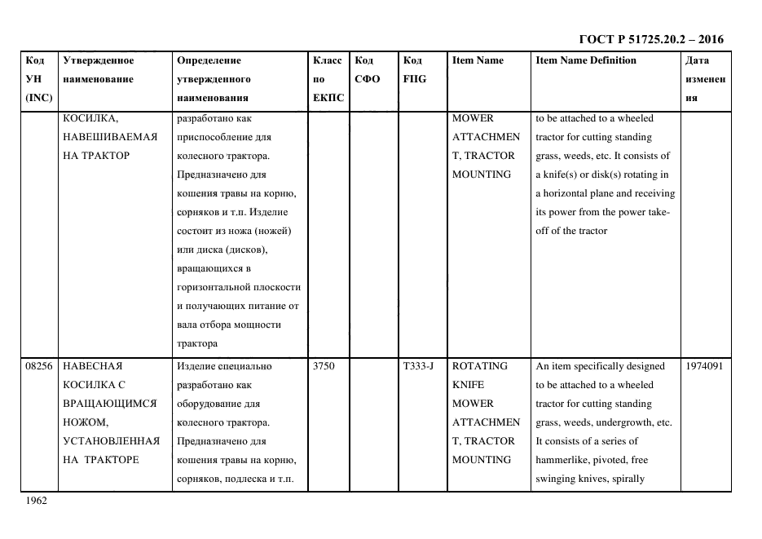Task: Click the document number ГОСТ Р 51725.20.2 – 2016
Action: tap(650, 39)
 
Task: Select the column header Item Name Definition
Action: tap(585, 60)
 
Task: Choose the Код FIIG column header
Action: tap(414, 70)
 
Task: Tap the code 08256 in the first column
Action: tap(39, 366)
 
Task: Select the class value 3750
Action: tap(324, 366)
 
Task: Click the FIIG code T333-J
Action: tap(418, 366)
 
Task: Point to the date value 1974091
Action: tap(705, 366)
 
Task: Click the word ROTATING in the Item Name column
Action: tap(480, 366)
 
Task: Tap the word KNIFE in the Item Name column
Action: tap(468, 385)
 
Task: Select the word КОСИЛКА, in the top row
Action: tap(90, 118)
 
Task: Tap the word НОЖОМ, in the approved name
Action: tap(85, 422)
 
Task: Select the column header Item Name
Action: tap(478, 60)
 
